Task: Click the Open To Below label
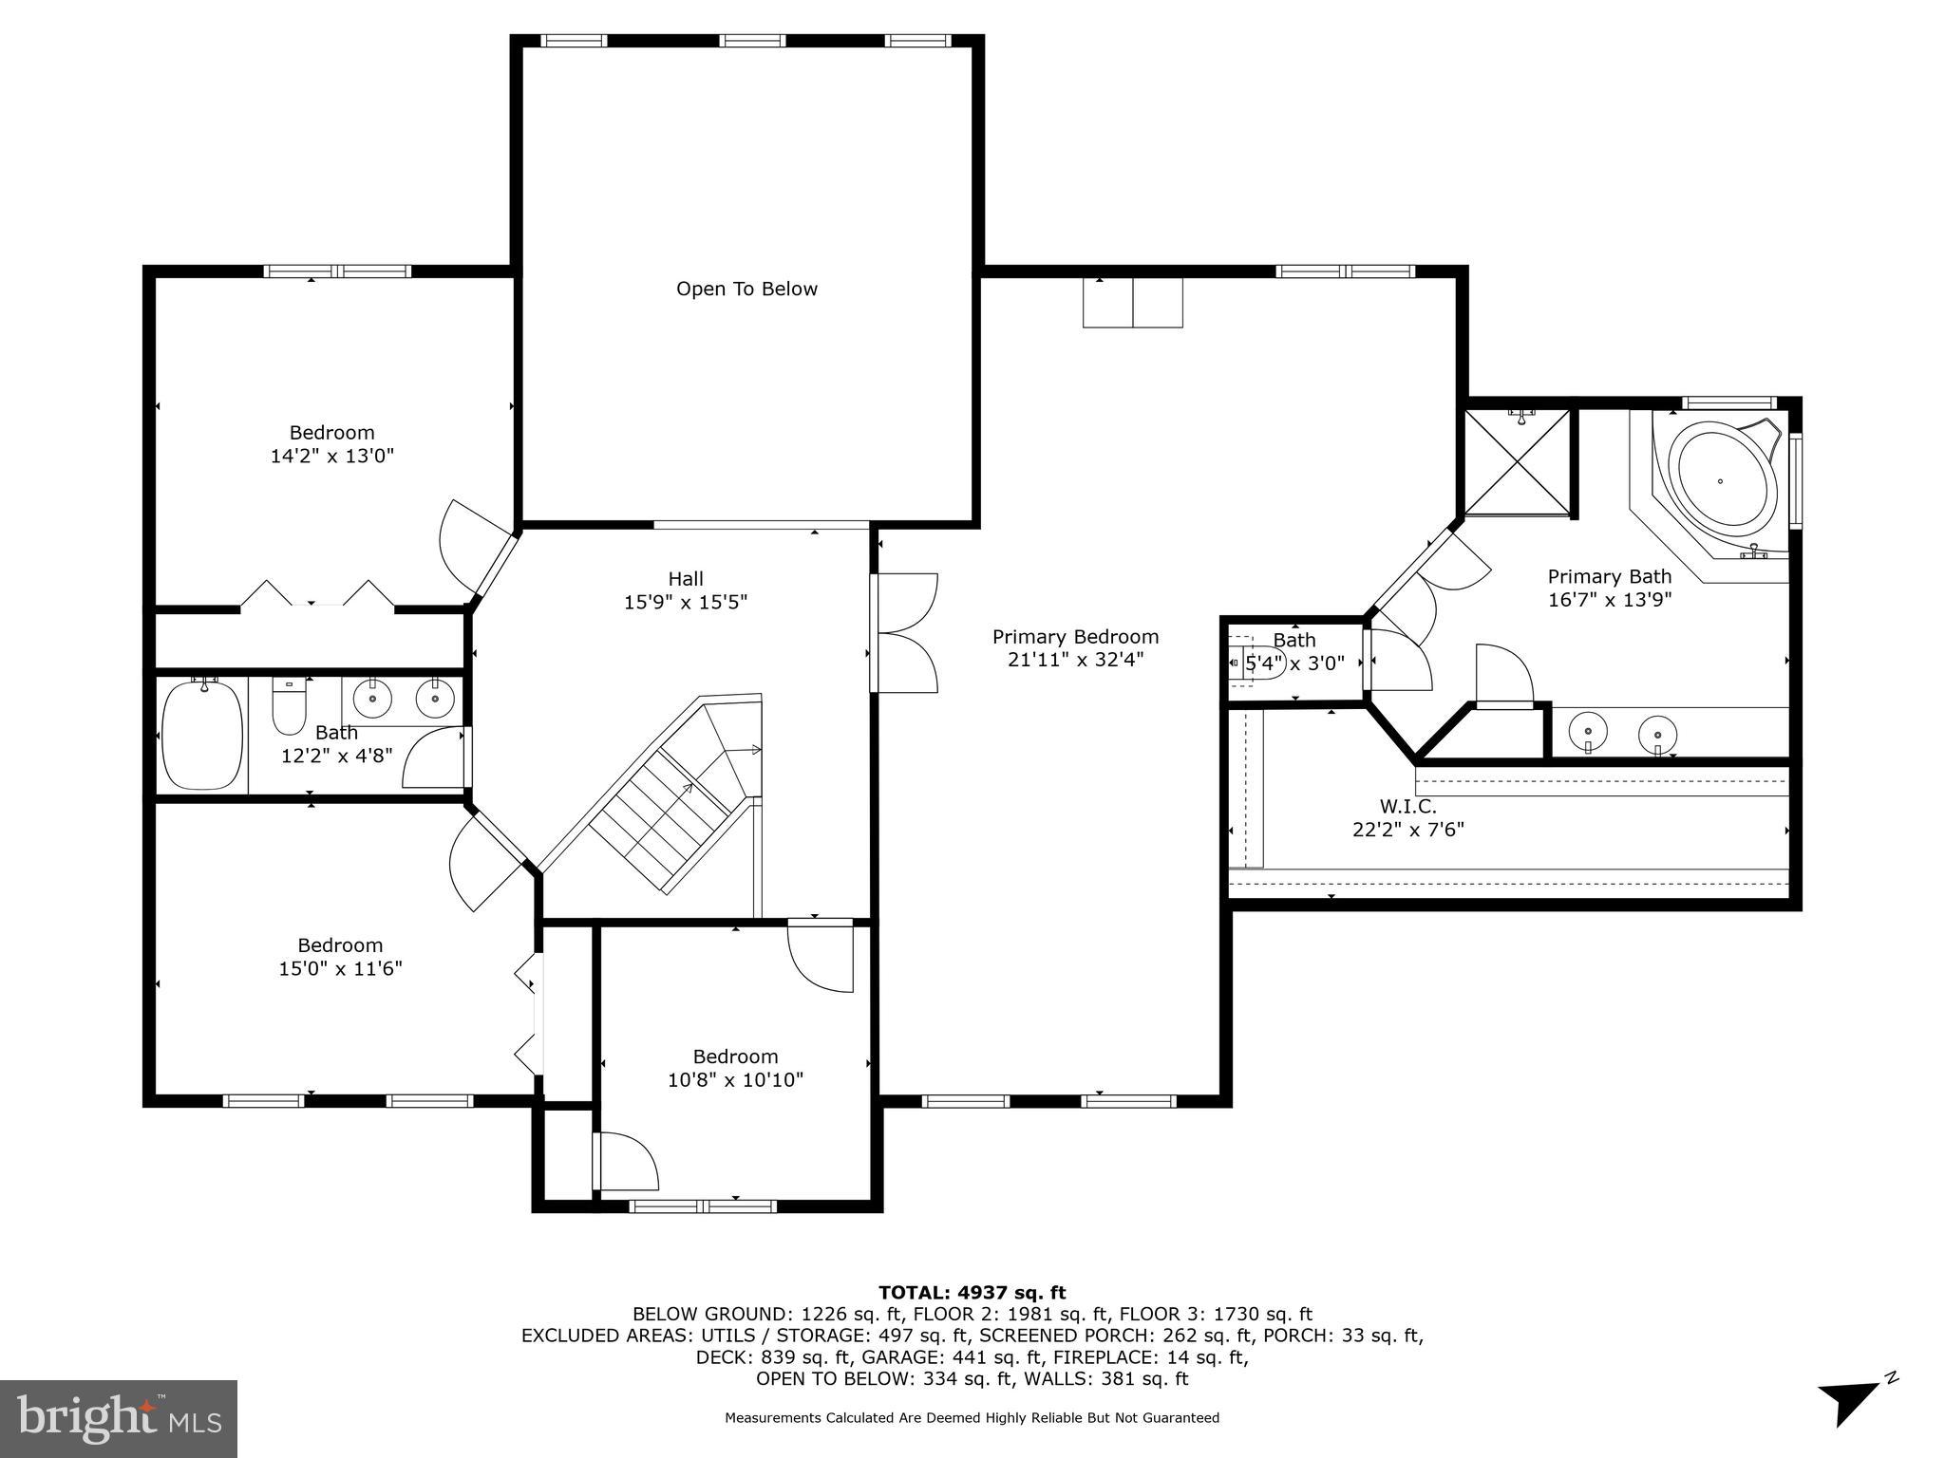[746, 289]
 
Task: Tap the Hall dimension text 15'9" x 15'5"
[686, 602]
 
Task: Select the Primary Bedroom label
[1075, 637]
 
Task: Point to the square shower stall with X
[1517, 462]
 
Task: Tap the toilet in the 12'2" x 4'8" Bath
[290, 707]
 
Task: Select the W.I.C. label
[1407, 806]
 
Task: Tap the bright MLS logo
[119, 1418]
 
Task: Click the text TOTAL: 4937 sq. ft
[972, 1292]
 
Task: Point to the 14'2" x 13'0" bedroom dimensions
[331, 456]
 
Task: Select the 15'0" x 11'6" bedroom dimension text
[340, 968]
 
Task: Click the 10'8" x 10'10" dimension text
[735, 1079]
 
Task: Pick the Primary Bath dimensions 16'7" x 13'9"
[1609, 600]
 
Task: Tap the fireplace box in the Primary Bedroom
[1132, 303]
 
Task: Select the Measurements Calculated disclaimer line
[972, 1418]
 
